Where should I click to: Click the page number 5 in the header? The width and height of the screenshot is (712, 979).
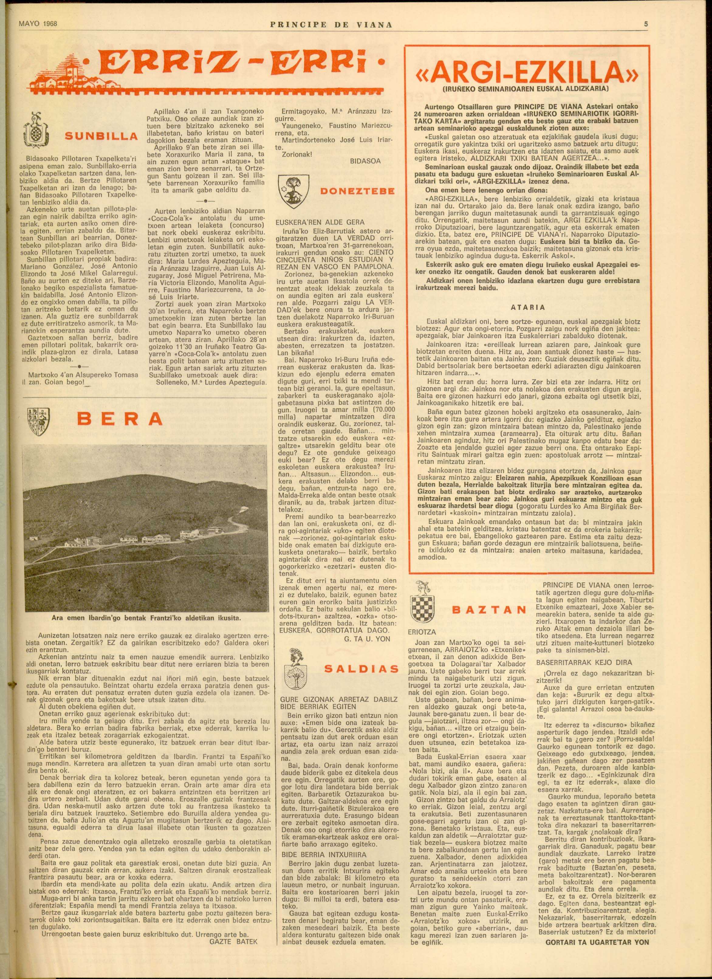[646, 25]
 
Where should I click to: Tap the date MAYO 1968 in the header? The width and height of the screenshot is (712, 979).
[38, 24]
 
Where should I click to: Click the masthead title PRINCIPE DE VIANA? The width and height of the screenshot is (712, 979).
[331, 25]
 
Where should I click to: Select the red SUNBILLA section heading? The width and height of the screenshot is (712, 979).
[101, 136]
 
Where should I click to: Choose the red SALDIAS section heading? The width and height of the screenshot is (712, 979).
[361, 669]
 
